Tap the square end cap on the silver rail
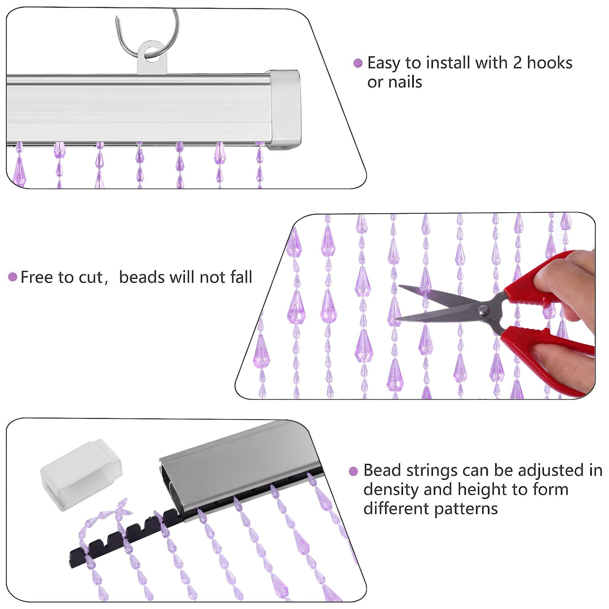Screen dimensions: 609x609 (285, 110)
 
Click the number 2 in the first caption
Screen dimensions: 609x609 (517, 63)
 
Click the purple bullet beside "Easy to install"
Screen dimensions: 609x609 (358, 63)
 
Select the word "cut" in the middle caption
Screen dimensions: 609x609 (90, 278)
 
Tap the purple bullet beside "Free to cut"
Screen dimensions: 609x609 (13, 277)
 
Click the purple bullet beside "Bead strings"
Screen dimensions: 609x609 (354, 472)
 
